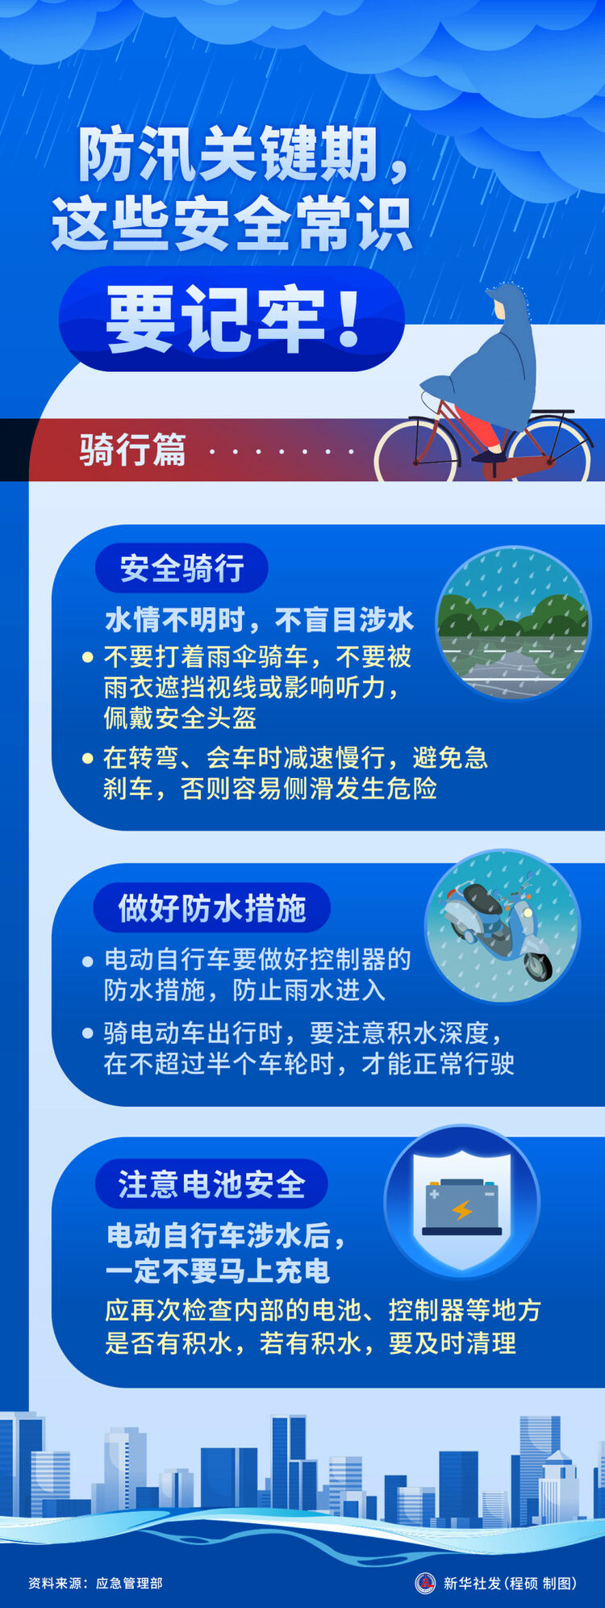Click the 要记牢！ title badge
pyautogui.click(x=232, y=320)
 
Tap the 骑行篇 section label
pyautogui.click(x=132, y=450)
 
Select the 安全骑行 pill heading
pyautogui.click(x=181, y=568)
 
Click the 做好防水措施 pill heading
pyautogui.click(x=211, y=907)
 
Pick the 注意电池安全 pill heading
pyautogui.click(x=211, y=1184)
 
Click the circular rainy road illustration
pyautogui.click(x=513, y=622)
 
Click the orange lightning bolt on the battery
pyautogui.click(x=462, y=1210)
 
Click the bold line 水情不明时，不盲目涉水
pyautogui.click(x=259, y=619)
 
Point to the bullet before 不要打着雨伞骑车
pyautogui.click(x=88, y=657)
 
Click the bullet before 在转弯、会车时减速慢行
pyautogui.click(x=88, y=758)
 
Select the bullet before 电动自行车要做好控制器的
pyautogui.click(x=88, y=961)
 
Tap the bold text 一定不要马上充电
pyautogui.click(x=218, y=1271)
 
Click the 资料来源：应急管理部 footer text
pyautogui.click(x=95, y=1583)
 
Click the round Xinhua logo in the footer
pyautogui.click(x=425, y=1583)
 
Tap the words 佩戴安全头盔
pyautogui.click(x=180, y=718)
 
